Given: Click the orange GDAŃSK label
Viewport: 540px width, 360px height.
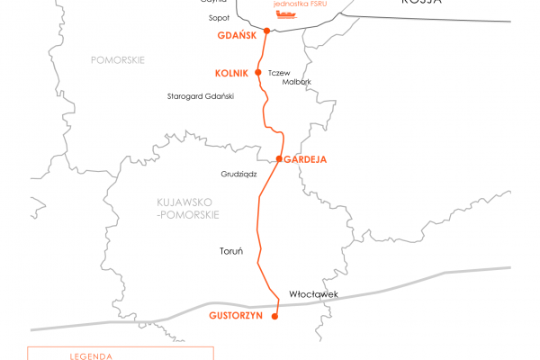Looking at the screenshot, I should [x=237, y=36].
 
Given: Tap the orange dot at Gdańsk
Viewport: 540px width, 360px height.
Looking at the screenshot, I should [x=266, y=31].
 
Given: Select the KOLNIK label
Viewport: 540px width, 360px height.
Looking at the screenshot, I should [x=232, y=73].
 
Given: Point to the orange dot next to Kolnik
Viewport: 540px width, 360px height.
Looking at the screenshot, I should [x=258, y=72].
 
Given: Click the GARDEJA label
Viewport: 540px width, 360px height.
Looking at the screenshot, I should [x=305, y=159].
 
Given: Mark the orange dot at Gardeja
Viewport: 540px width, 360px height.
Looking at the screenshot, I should [x=279, y=158].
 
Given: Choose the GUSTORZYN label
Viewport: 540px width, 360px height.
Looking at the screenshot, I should [x=235, y=316].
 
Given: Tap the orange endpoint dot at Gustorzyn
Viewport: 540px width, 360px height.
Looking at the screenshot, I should [x=276, y=316].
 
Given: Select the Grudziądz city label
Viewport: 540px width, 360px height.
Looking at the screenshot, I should [x=239, y=173].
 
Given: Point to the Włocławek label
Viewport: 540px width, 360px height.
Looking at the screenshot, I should [x=313, y=293].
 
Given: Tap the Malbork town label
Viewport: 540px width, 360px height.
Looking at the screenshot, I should [x=297, y=82].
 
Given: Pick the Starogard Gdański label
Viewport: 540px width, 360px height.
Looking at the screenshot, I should [x=201, y=95].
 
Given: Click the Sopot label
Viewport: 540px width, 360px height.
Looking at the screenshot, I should [x=219, y=17].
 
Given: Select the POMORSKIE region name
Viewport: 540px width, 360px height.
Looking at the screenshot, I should [x=117, y=59].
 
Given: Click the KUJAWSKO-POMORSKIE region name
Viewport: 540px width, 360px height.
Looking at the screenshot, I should [x=183, y=211].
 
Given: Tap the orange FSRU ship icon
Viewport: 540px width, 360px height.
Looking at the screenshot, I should [x=285, y=13].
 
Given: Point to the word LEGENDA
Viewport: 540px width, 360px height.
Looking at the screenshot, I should [x=91, y=355].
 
